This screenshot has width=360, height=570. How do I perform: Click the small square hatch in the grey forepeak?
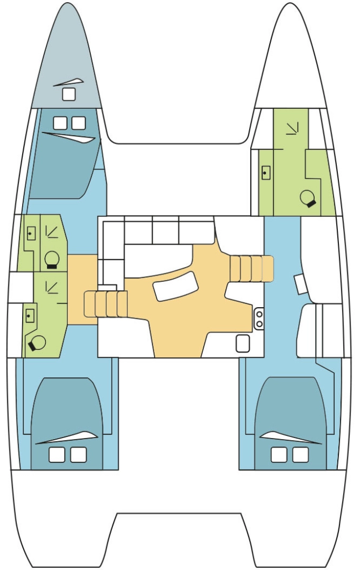coord(69,94)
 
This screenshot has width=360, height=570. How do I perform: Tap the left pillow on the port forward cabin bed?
coord(60,123)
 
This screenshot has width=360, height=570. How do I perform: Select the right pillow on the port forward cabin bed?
coord(79,123)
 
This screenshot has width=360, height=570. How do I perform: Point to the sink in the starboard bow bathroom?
coord(266,172)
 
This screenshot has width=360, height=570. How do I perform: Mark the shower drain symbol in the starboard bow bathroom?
coord(291,128)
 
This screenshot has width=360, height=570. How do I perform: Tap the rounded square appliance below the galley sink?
coord(242,344)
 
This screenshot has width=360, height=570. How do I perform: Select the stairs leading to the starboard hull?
coord(252,269)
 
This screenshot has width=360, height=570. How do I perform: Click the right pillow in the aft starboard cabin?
coord(300,454)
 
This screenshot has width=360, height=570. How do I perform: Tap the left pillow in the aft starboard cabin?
coord(279,454)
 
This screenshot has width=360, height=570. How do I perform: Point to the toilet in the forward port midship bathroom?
coord(52,259)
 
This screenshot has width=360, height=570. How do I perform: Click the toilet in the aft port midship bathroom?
coord(37,343)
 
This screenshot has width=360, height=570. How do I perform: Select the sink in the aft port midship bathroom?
coord(30,316)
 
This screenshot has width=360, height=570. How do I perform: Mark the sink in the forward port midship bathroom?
coord(31,232)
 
